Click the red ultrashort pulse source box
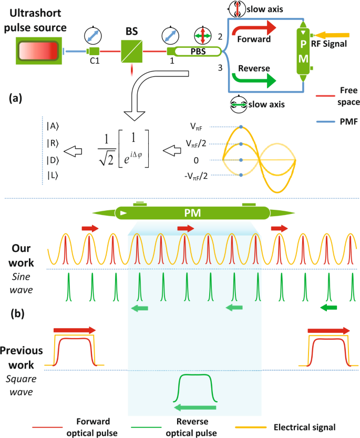pos(37,52)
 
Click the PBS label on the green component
pos(198,52)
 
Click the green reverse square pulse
pos(196,388)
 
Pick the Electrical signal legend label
pos(304,427)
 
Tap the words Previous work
pos(22,358)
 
